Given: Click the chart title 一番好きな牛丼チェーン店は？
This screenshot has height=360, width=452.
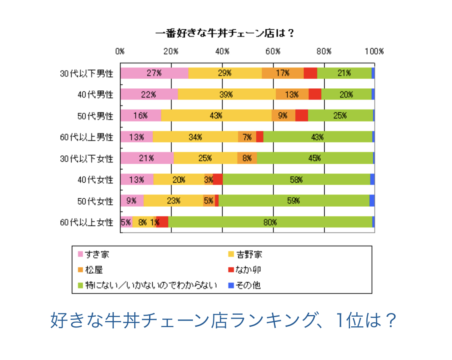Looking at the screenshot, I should point(225,33).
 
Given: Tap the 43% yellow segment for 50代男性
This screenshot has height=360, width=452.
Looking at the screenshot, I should point(216,116).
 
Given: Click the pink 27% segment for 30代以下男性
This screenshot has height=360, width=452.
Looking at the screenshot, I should point(154,73).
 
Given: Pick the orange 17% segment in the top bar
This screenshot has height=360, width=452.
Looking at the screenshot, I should point(282,73).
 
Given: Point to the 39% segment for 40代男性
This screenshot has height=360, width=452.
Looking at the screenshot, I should point(227,94).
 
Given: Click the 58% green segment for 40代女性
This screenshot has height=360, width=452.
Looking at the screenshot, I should point(296,179).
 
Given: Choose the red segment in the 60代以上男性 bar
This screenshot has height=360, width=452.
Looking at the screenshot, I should point(260,137).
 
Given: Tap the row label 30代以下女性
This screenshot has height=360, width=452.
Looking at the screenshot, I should point(86,159).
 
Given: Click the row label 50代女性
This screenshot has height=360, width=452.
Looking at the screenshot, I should point(95,201).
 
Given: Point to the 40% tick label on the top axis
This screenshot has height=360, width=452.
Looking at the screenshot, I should point(222,51).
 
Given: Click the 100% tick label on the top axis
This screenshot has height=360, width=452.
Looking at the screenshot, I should point(374,51).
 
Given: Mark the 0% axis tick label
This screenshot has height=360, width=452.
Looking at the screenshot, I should point(120,51).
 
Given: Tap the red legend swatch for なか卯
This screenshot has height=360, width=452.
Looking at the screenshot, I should point(231,270).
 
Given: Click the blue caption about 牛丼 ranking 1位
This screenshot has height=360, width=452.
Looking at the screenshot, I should point(223,321).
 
